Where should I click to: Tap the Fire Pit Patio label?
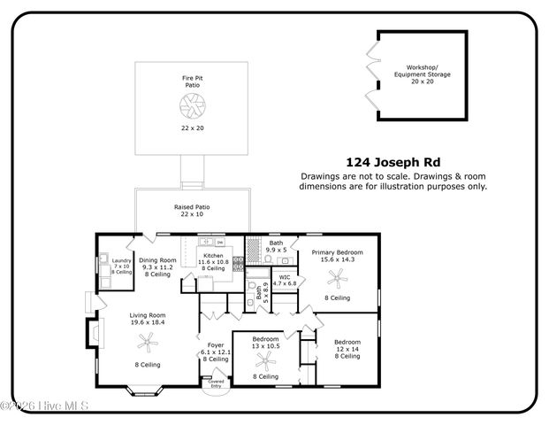192,82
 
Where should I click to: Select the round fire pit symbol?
192,107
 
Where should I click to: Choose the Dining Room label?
158,260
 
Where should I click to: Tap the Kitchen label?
213,258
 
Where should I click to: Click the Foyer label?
216,345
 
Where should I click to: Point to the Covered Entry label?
216,383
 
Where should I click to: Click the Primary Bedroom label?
337,252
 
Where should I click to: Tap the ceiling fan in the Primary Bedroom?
336,278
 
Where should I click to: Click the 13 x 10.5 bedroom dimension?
266,346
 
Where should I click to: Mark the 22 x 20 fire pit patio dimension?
192,128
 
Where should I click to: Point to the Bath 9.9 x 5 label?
277,245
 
